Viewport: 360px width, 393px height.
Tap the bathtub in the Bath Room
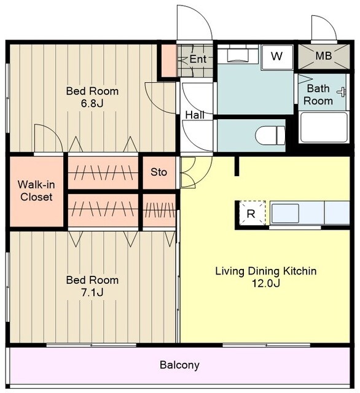[324, 127]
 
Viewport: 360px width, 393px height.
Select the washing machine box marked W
[277, 57]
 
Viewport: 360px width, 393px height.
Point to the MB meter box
[324, 56]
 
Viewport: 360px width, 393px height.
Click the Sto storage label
[158, 172]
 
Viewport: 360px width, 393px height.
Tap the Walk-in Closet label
[36, 191]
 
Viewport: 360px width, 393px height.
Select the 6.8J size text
[92, 103]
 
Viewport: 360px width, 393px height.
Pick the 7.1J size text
[92, 292]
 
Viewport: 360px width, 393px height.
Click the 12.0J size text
[266, 283]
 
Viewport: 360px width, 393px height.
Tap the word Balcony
[180, 365]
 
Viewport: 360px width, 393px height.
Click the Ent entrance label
[198, 59]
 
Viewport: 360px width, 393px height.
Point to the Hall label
[195, 115]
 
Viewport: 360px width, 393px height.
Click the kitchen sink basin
[285, 213]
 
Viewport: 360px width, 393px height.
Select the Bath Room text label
[318, 95]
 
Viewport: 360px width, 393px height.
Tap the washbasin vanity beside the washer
[238, 54]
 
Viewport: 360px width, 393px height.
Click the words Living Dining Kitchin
[266, 271]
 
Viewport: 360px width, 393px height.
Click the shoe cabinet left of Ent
[169, 60]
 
